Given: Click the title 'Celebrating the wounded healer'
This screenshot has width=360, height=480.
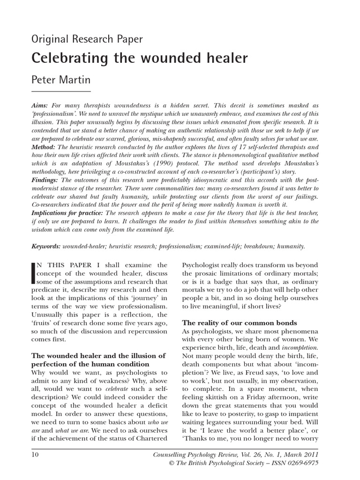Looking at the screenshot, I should pos(139,58).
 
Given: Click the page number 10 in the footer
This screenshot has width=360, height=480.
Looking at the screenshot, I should pos(36,454).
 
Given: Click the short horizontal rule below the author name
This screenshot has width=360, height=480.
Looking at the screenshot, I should pos(60,91).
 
